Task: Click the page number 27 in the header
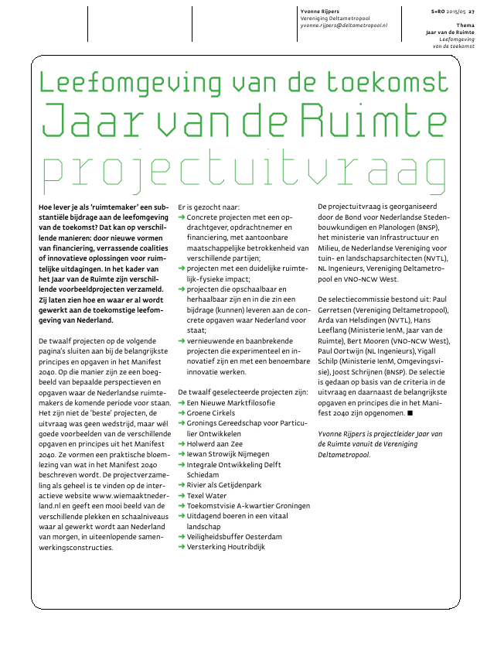pos(472,12)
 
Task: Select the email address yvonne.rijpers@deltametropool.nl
pos(343,26)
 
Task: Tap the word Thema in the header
pos(465,26)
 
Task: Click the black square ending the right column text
pos(410,414)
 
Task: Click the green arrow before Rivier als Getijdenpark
pos(182,484)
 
